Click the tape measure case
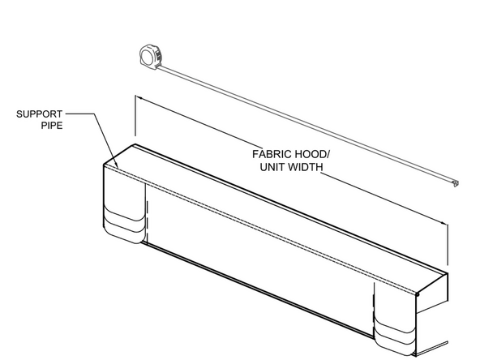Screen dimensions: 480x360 150,57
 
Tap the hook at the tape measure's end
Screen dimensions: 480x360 456,183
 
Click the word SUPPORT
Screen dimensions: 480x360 39,114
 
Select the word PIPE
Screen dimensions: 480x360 52,126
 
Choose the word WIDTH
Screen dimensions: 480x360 306,167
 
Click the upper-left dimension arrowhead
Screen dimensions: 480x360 139,98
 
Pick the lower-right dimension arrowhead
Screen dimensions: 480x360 444,222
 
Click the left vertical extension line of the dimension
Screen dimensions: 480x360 135,115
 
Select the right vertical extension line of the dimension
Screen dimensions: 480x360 448,245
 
